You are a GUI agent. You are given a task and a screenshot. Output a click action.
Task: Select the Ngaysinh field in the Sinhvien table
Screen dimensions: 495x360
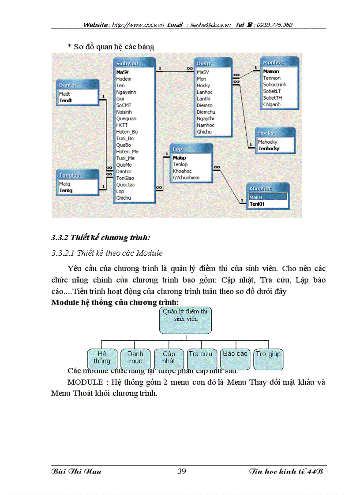[x=126, y=92]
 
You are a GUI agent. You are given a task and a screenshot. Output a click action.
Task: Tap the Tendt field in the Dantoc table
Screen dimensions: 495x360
[x=66, y=100]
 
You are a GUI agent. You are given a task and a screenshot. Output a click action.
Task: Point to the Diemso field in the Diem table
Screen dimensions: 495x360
[x=204, y=105]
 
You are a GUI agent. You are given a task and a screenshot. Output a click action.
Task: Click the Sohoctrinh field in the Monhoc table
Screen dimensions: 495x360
[x=274, y=85]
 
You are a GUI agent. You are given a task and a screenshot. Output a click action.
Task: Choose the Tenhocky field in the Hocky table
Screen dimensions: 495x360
[x=269, y=149]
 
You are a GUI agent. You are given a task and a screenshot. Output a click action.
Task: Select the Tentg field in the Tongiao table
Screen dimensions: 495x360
[x=66, y=190]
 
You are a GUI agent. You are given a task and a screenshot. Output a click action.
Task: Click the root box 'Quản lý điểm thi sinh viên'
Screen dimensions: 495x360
[x=185, y=320]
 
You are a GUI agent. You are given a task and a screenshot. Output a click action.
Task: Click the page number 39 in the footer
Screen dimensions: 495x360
[x=182, y=471]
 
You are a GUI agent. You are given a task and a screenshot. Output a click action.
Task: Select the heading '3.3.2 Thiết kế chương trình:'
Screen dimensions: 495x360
[x=101, y=238]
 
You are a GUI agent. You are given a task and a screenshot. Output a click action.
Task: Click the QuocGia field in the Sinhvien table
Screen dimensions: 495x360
[x=126, y=185]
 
